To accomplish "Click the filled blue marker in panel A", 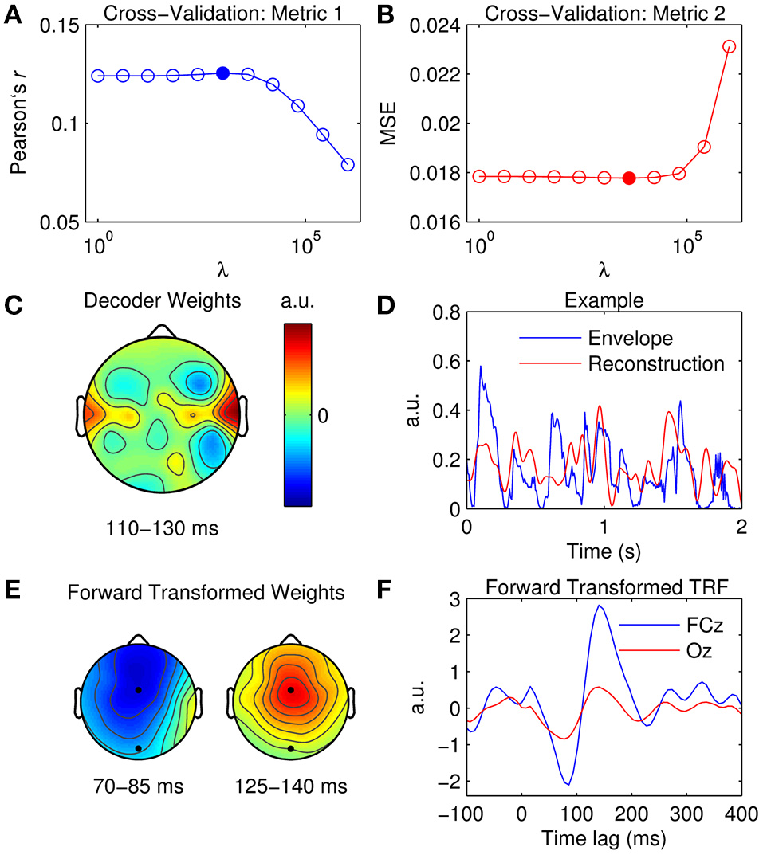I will pyautogui.click(x=223, y=73).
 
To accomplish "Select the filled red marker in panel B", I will pyautogui.click(x=629, y=178).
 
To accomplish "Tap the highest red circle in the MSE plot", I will pyautogui.click(x=729, y=46).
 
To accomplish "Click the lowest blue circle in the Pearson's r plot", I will pyautogui.click(x=348, y=164).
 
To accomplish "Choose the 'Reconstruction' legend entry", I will pyautogui.click(x=655, y=364).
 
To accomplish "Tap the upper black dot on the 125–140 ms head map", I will pyautogui.click(x=291, y=690).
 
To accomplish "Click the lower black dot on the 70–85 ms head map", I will pyautogui.click(x=139, y=748).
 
